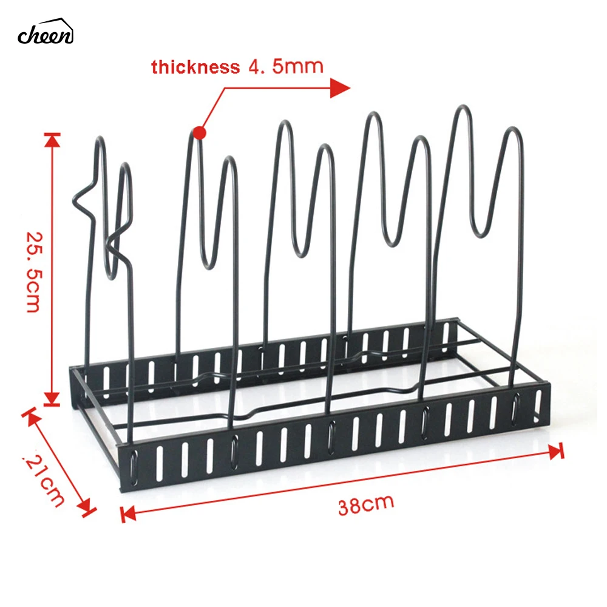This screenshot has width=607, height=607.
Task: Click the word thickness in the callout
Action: click(195, 67)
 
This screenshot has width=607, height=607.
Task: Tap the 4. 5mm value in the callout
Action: click(285, 66)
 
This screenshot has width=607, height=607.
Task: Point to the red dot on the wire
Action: click(199, 132)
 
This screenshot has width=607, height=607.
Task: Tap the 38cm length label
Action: click(366, 505)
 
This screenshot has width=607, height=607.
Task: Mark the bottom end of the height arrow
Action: click(52, 401)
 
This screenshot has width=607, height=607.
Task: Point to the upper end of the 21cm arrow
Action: click(27, 413)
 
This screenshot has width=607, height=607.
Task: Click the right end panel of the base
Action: click(537, 404)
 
